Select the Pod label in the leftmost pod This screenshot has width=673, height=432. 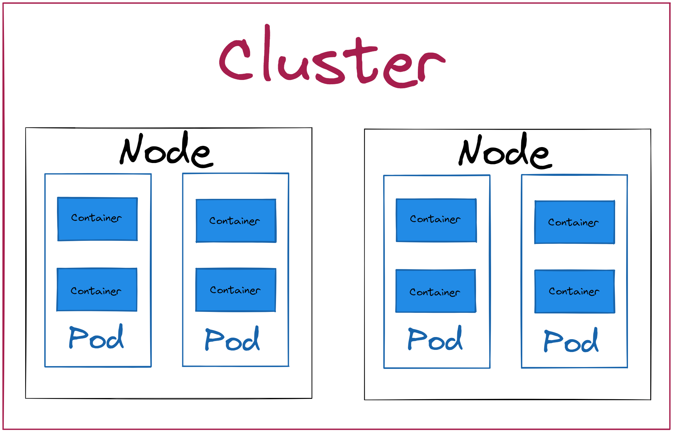click(96, 337)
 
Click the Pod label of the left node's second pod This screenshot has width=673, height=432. click(232, 339)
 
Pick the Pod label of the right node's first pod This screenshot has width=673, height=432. click(435, 339)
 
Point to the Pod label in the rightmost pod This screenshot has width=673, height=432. click(571, 341)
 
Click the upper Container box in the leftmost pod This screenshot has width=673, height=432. click(97, 219)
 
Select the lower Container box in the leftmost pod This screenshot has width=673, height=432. click(97, 290)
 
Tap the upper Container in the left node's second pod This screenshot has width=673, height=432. click(236, 221)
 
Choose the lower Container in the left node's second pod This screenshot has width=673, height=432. click(236, 290)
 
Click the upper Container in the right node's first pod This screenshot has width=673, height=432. click(436, 220)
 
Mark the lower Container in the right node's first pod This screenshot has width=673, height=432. click(436, 291)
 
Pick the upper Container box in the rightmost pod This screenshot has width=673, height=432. click(574, 222)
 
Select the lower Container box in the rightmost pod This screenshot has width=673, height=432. click(574, 291)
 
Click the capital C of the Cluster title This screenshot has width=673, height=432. click(235, 60)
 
